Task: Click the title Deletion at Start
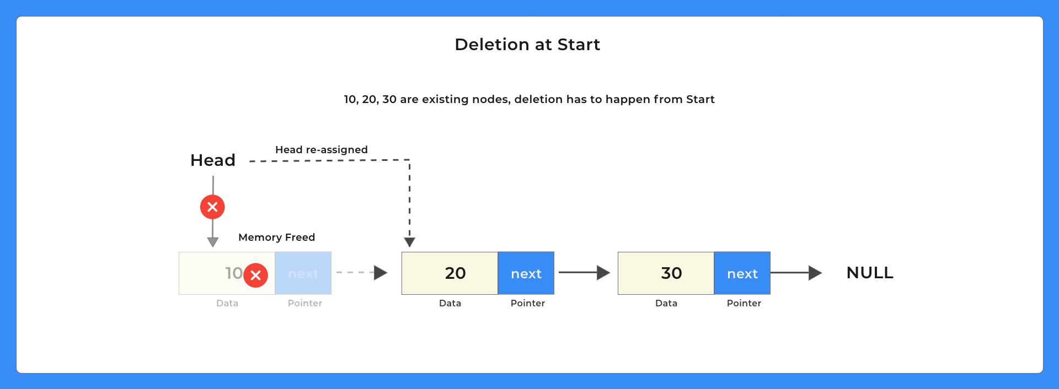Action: [527, 45]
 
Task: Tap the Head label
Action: [213, 160]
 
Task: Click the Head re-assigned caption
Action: [321, 150]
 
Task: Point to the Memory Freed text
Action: [276, 237]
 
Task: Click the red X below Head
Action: [212, 207]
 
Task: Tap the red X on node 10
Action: [255, 275]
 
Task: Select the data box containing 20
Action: [450, 273]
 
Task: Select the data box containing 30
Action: [666, 273]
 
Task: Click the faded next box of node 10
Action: [303, 273]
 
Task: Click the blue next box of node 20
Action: [526, 273]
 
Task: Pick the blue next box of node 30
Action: [742, 273]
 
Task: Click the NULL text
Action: [870, 273]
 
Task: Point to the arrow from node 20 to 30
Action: [584, 272]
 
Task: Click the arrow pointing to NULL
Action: [796, 273]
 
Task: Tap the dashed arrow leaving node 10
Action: [362, 272]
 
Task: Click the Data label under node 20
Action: [450, 303]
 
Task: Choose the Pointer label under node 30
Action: [744, 303]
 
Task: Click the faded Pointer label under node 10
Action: [305, 303]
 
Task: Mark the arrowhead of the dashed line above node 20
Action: [409, 242]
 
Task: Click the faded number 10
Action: [233, 273]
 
